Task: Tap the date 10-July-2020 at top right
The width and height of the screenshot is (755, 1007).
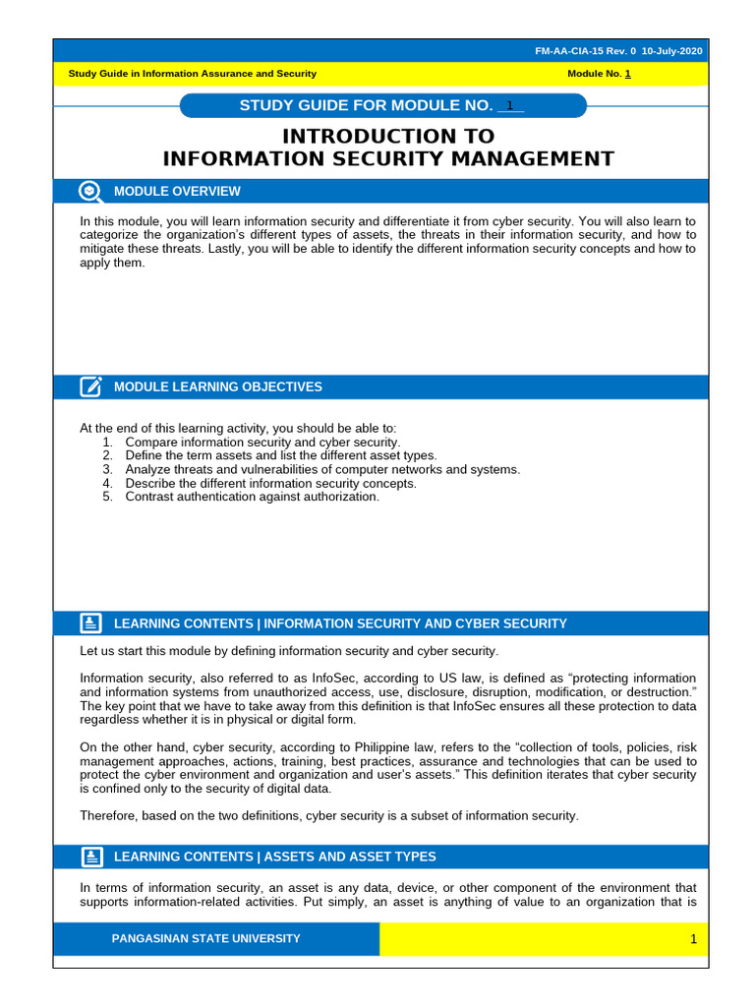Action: click(672, 51)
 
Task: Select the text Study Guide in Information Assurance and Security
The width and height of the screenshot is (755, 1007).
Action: click(192, 74)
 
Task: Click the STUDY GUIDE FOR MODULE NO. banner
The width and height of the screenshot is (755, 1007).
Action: click(366, 106)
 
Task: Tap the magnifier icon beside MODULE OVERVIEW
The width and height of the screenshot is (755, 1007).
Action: click(89, 191)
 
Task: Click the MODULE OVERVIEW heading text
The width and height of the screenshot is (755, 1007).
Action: click(177, 191)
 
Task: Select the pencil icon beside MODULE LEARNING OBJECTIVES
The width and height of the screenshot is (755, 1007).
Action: click(90, 386)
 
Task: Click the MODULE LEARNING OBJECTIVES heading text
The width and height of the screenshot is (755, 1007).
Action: click(217, 386)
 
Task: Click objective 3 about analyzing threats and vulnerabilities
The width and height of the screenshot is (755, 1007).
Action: click(322, 470)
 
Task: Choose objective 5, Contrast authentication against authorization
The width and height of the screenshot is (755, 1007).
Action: click(252, 498)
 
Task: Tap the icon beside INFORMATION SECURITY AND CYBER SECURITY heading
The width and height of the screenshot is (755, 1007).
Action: click(90, 622)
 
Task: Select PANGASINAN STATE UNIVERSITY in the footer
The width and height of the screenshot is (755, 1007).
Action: click(205, 938)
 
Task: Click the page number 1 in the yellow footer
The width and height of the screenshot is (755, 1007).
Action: click(692, 939)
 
